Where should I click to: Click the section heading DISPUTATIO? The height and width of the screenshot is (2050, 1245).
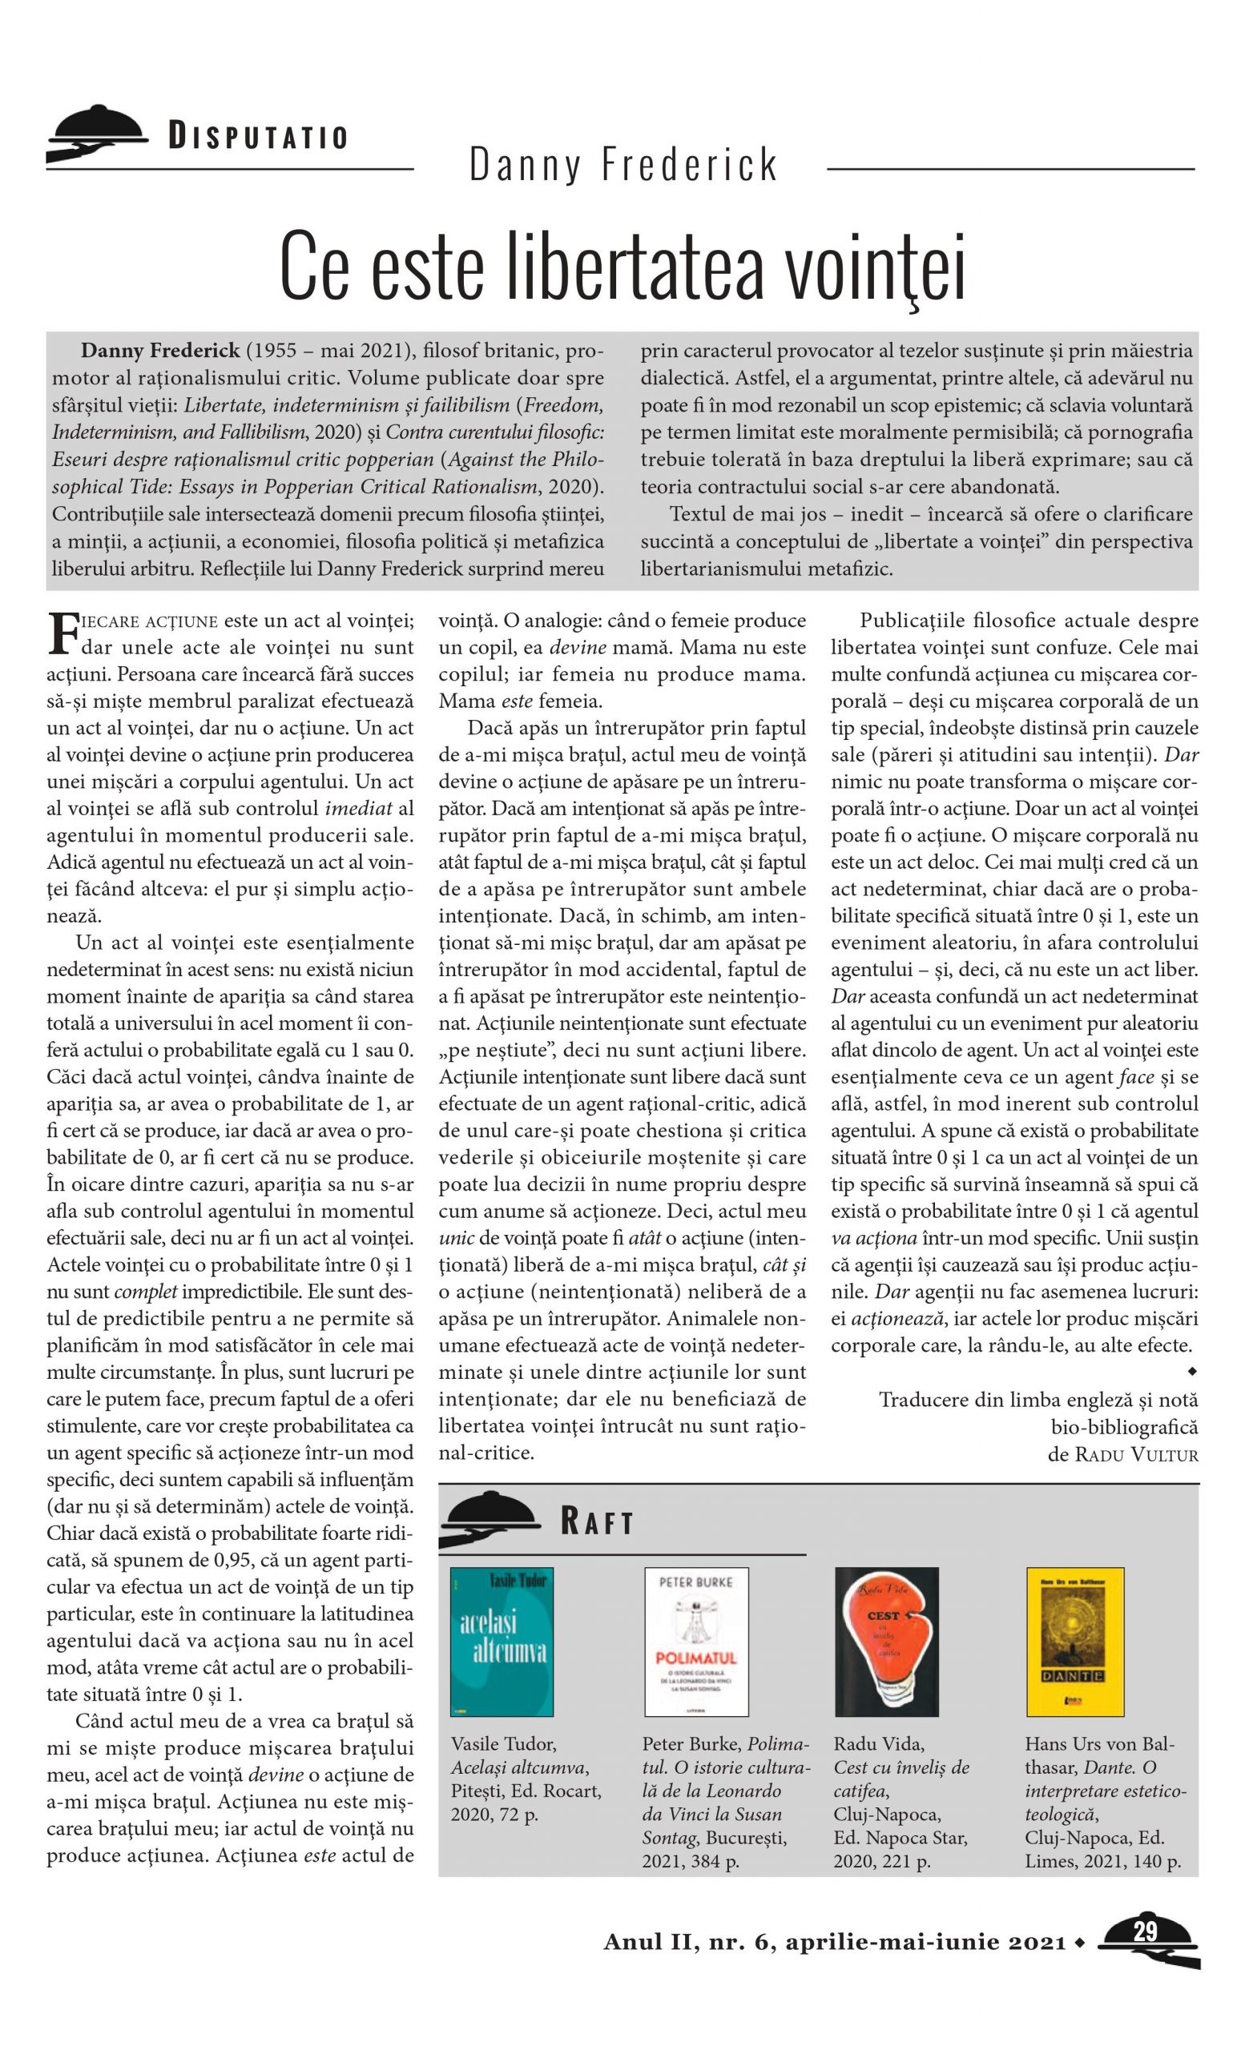pos(258,136)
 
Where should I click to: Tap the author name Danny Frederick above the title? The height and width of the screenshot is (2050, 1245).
pos(622,165)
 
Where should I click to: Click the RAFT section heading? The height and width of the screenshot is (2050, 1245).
pos(597,1523)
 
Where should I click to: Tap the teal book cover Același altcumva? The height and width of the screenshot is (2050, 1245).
pos(501,1642)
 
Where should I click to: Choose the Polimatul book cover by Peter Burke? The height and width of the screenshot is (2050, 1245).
pos(695,1642)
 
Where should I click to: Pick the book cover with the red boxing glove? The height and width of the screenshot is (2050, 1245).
pos(885,1642)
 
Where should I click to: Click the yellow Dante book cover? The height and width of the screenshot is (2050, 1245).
pos(1075,1642)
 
